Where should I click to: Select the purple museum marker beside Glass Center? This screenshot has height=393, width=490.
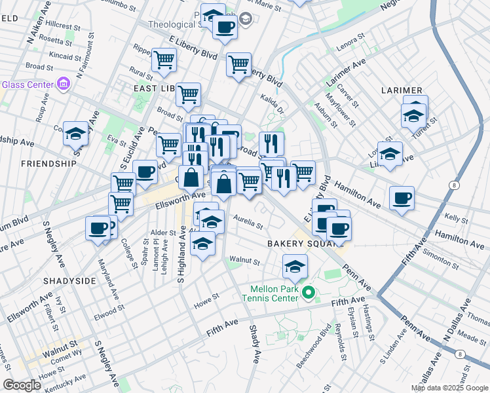pos(64,83)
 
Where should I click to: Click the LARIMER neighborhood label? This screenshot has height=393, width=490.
pos(404,90)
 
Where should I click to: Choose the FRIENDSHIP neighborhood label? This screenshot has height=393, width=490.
pos(48,163)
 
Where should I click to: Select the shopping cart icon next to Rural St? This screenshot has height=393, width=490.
pos(164,60)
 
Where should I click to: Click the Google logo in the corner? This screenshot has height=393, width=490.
pos(22,385)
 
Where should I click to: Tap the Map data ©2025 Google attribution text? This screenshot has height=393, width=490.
pos(450,388)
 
